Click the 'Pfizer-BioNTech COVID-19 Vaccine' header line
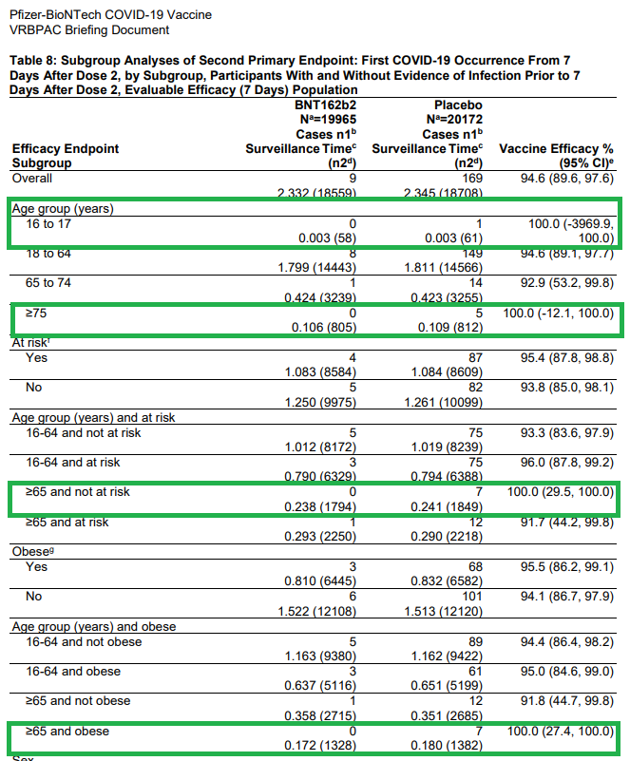pyautogui.click(x=111, y=15)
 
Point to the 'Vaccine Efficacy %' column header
pyautogui.click(x=556, y=148)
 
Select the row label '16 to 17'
pyautogui.click(x=50, y=225)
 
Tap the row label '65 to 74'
pyautogui.click(x=50, y=282)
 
